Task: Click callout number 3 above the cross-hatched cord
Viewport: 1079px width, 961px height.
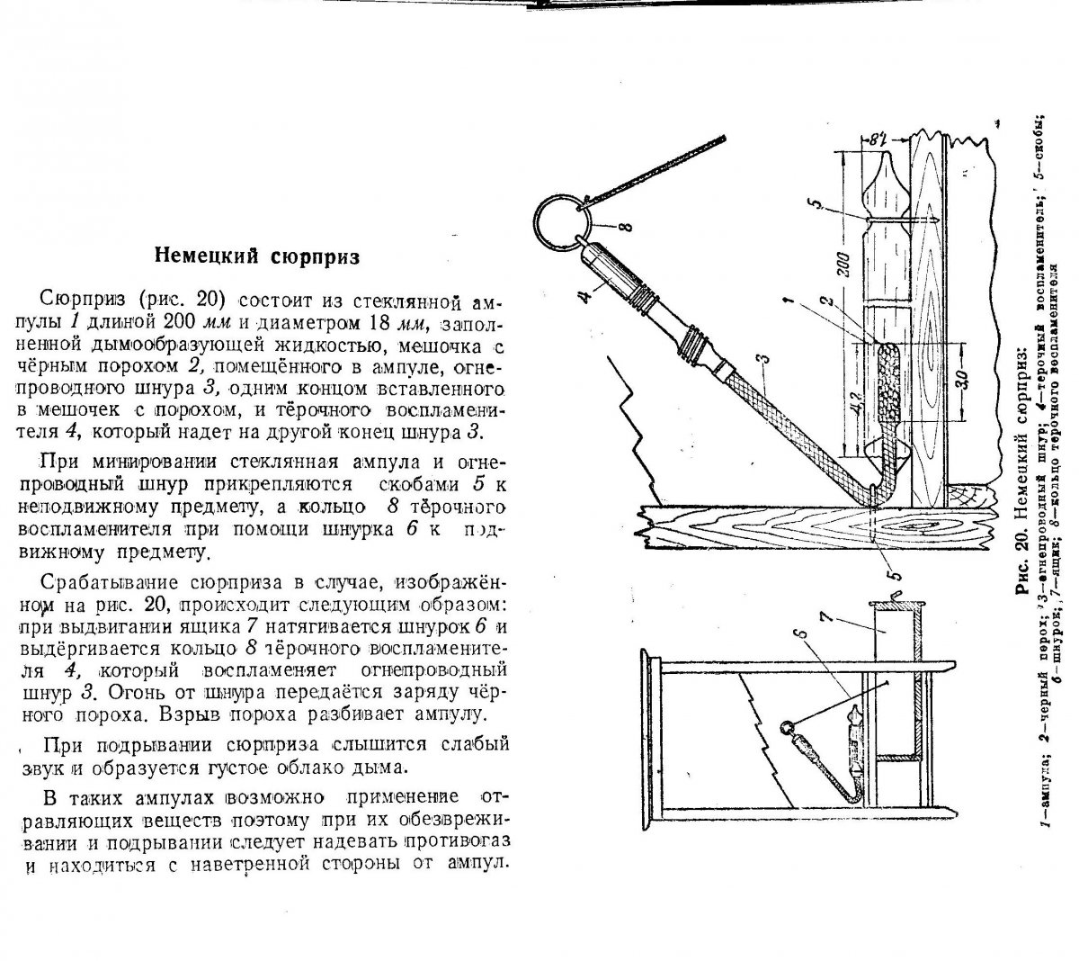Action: click(x=762, y=361)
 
